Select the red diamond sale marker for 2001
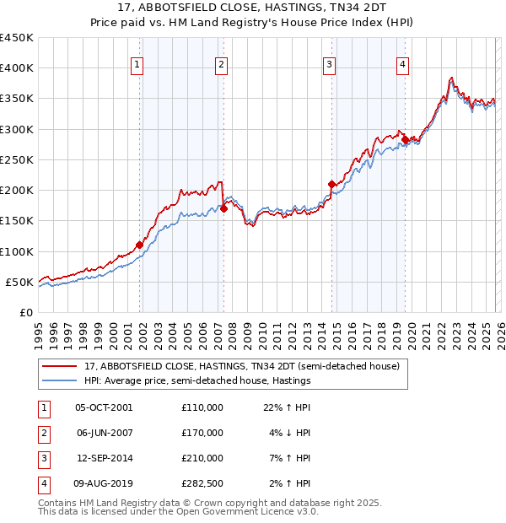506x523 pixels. pyautogui.click(x=140, y=245)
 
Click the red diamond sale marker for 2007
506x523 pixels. pyautogui.click(x=224, y=208)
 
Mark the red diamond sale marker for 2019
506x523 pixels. pyautogui.click(x=405, y=139)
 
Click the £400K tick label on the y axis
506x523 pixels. pyautogui.click(x=17, y=68)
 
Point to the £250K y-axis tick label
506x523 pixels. pyautogui.click(x=17, y=159)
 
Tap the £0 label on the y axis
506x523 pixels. pyautogui.click(x=25, y=312)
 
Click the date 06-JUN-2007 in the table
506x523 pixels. pyautogui.click(x=104, y=433)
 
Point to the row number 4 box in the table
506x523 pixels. pyautogui.click(x=42, y=483)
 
